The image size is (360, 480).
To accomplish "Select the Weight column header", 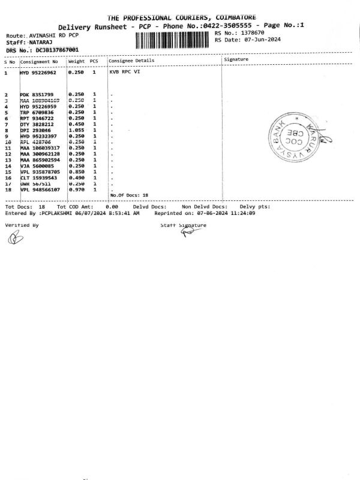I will (x=76, y=61).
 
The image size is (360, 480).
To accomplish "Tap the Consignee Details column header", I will (x=131, y=61).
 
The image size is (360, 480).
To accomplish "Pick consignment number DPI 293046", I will (x=35, y=130).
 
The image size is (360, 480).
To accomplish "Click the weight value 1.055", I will (x=76, y=130).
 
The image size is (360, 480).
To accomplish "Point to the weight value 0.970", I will (x=76, y=190).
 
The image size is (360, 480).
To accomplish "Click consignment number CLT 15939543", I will (x=39, y=178).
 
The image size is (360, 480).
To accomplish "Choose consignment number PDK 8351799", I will (x=37, y=95).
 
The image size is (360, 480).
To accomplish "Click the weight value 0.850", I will (x=76, y=172).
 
